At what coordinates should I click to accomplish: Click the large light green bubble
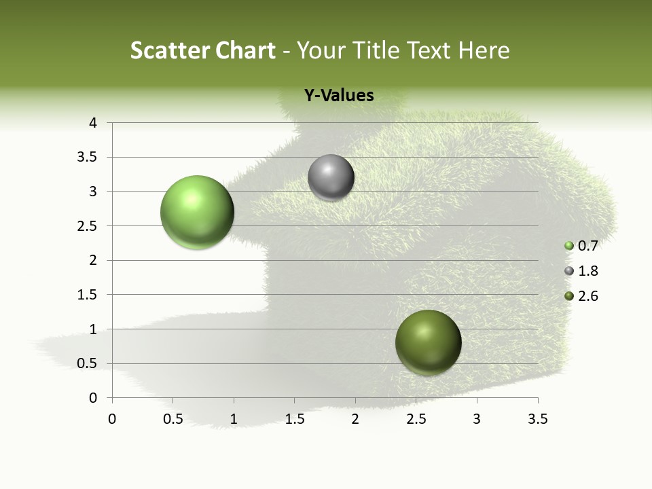point(198,212)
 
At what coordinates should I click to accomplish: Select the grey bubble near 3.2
point(331,177)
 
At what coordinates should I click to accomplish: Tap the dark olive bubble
point(428,342)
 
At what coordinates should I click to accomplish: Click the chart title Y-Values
point(338,96)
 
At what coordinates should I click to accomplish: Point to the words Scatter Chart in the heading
point(202,50)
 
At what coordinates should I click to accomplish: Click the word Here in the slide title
point(484,50)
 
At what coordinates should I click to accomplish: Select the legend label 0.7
point(587,246)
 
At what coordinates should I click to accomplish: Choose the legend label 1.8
point(587,271)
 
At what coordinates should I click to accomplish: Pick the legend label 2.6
point(587,296)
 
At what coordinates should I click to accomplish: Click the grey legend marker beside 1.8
point(569,271)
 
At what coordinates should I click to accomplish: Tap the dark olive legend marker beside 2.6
point(569,296)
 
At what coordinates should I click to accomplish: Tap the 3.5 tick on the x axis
point(538,419)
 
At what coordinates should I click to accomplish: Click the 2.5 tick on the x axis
point(416,419)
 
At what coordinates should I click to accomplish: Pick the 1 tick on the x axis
point(234,419)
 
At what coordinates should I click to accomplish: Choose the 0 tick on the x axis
point(112,419)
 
